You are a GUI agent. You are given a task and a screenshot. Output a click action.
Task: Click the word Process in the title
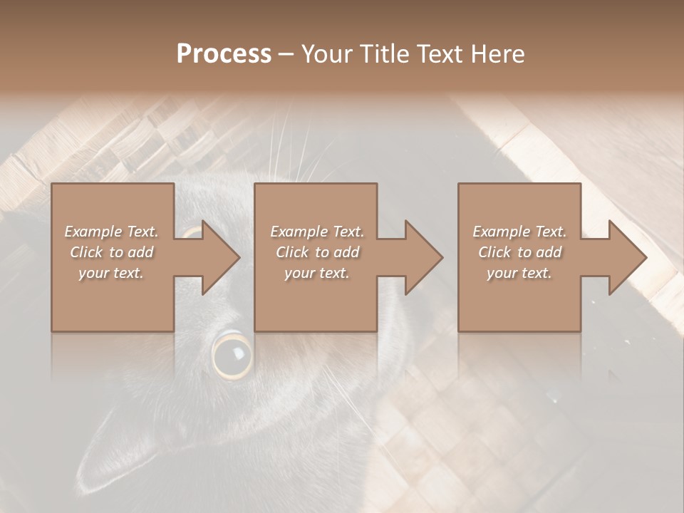coord(224,54)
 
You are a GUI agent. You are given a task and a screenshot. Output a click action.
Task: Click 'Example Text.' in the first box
coord(111,232)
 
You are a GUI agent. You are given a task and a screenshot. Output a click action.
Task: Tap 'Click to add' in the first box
coord(111,252)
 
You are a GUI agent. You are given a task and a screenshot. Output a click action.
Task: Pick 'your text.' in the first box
coord(111,273)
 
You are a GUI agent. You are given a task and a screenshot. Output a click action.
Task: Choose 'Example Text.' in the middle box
coord(317,232)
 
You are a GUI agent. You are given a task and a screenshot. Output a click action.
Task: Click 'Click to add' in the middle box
coord(317,252)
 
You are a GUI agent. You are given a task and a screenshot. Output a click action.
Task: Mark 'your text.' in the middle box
coord(317,273)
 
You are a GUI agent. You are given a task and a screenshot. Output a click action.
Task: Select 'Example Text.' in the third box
coord(519,232)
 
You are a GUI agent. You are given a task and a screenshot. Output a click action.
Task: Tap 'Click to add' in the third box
coord(519,252)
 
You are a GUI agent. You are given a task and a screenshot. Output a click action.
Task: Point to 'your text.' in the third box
coord(519,273)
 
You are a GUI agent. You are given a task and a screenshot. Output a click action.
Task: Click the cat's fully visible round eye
coord(232,354)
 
